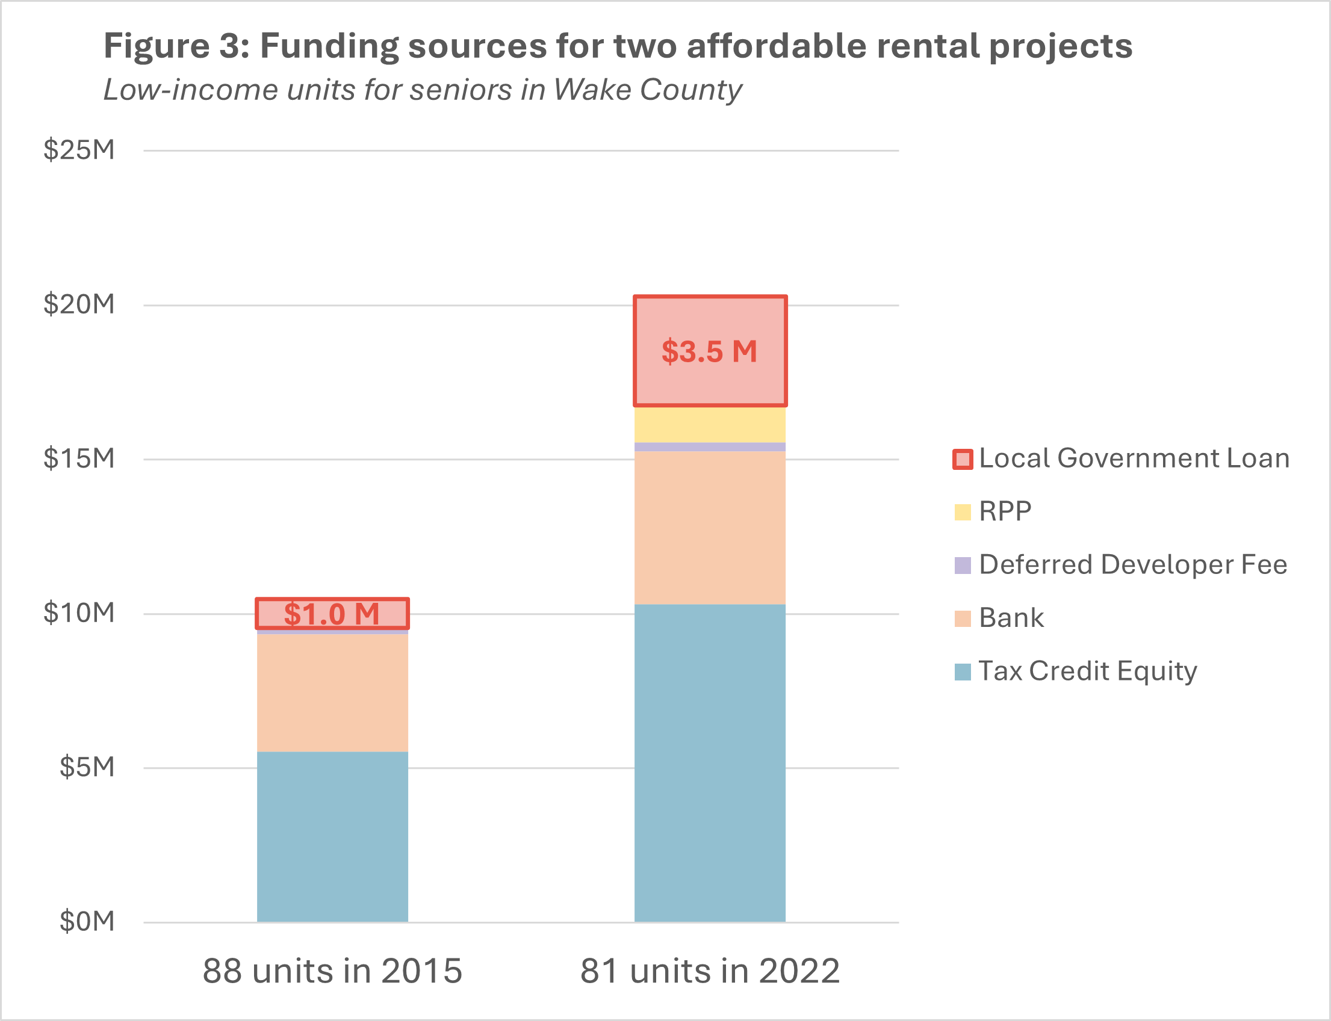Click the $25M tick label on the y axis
(x=79, y=149)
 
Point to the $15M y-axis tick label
(x=79, y=458)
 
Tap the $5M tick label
(x=87, y=767)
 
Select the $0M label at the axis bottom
(x=87, y=921)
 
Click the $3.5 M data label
(x=709, y=352)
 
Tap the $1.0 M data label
(x=332, y=614)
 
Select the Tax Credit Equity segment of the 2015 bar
(x=332, y=836)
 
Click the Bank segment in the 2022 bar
(x=709, y=528)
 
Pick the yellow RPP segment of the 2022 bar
(x=709, y=425)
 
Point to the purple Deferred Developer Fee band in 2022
(x=709, y=446)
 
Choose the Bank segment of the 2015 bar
(x=332, y=693)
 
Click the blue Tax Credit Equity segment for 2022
(x=709, y=763)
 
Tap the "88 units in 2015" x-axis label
(x=332, y=971)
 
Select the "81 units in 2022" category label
(x=710, y=971)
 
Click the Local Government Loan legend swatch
(x=962, y=459)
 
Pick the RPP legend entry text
(x=1005, y=512)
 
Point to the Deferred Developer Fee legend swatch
(x=962, y=565)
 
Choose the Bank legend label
(x=1011, y=618)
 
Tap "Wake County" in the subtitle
(x=647, y=90)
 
